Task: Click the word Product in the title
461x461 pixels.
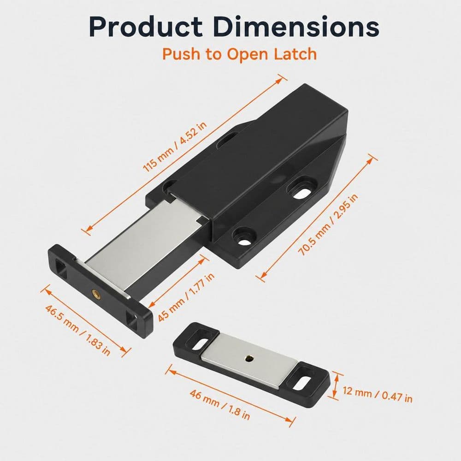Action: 146,27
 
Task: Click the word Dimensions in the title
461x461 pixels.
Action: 297,27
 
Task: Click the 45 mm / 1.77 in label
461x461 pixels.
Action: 186,297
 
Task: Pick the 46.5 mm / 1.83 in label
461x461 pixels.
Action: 77,330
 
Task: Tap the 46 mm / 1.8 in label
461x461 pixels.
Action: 219,405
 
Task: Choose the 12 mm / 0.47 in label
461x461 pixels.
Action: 378,395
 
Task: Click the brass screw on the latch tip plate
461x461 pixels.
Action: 96,293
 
